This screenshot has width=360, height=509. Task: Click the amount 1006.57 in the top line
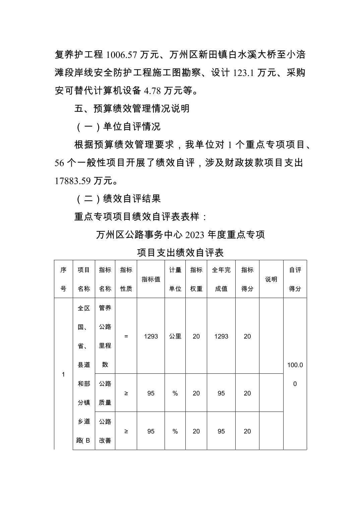pos(122,55)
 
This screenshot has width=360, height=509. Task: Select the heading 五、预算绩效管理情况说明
pos(132,108)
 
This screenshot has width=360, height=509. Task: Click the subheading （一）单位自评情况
pos(118,127)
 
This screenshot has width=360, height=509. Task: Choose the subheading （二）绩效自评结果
pos(118,199)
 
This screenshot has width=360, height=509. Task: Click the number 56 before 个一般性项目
pos(59,163)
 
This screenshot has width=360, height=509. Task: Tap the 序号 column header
pos(63,279)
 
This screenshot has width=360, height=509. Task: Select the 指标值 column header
pos(151,279)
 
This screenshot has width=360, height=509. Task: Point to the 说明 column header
pos(271,279)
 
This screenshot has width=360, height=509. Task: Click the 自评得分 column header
pos(295,279)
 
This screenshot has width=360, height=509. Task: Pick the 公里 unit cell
pos(175,336)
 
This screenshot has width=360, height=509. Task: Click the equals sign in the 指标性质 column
pos(126,336)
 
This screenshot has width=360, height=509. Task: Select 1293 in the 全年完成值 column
pos(221,336)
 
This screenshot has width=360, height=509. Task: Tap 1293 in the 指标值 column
pos(151,336)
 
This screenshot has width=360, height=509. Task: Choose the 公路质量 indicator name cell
pos(105,393)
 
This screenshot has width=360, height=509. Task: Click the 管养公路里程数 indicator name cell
pos(105,336)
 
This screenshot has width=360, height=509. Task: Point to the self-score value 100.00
pos(295,374)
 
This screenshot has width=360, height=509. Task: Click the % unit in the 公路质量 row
pos(175,393)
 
